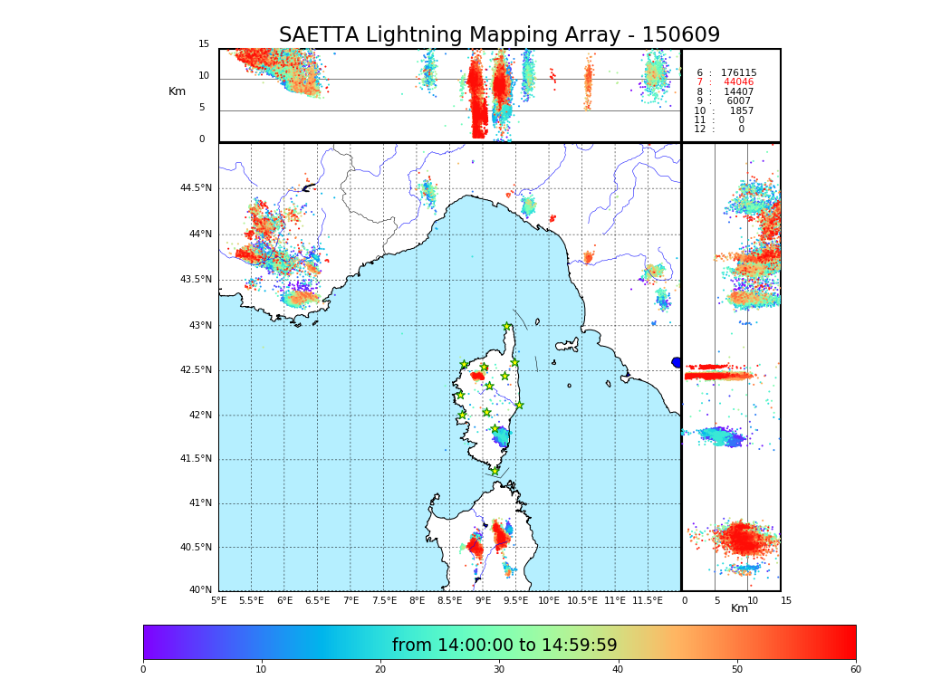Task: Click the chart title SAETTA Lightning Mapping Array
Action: point(499,35)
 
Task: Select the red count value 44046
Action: point(738,82)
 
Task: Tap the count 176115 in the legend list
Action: point(738,73)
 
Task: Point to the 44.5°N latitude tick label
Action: point(196,188)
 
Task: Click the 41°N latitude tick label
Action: point(199,503)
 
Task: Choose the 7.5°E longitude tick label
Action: point(384,600)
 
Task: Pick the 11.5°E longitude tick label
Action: point(648,600)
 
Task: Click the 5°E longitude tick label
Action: point(218,600)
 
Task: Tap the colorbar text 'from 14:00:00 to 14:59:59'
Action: point(504,646)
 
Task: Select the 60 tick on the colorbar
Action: point(855,669)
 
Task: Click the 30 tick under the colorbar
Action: point(499,669)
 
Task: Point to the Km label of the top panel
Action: point(177,91)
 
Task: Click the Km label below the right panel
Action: point(739,608)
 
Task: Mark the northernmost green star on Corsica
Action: point(507,327)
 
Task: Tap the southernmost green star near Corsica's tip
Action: point(495,471)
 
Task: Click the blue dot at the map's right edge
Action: point(677,362)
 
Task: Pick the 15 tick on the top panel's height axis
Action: point(204,44)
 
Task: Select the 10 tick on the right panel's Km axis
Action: point(752,600)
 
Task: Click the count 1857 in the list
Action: point(741,111)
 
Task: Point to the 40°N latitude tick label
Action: point(199,590)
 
